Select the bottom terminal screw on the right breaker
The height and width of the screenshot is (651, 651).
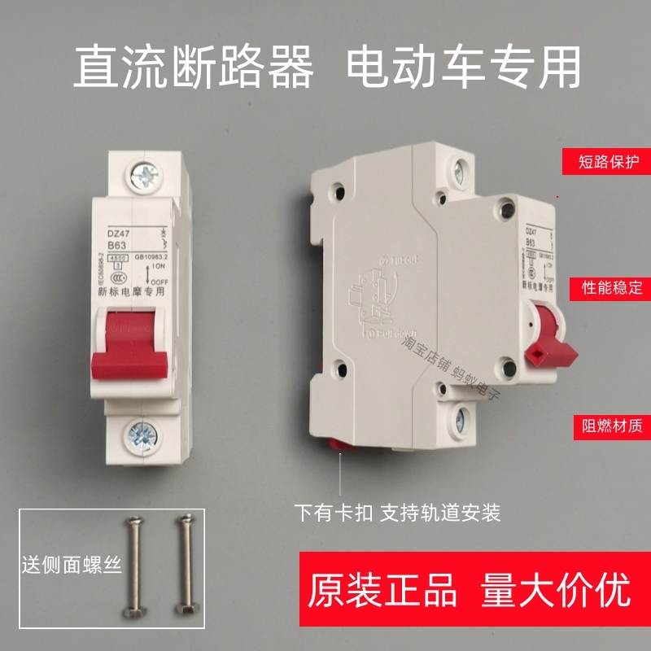tap(461, 420)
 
